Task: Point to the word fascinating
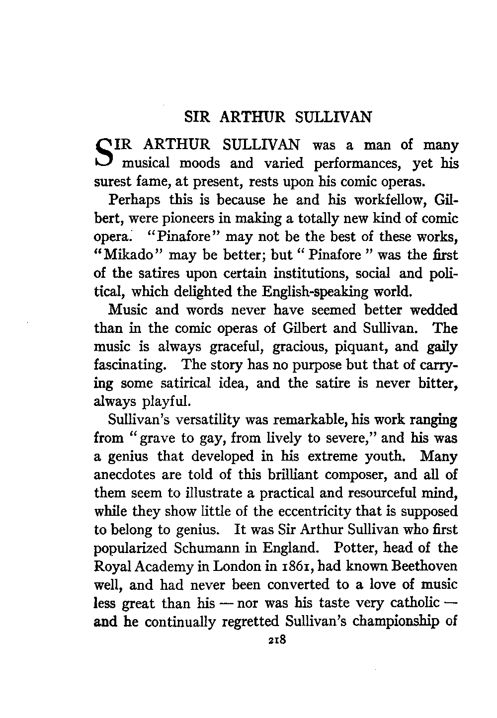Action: coord(129,365)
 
